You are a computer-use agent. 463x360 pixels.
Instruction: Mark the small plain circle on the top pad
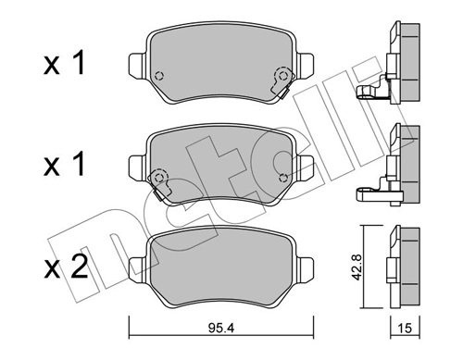click(159, 77)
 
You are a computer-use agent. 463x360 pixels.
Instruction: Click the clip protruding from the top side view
click(369, 92)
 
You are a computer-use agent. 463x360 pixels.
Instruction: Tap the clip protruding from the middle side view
click(369, 193)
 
